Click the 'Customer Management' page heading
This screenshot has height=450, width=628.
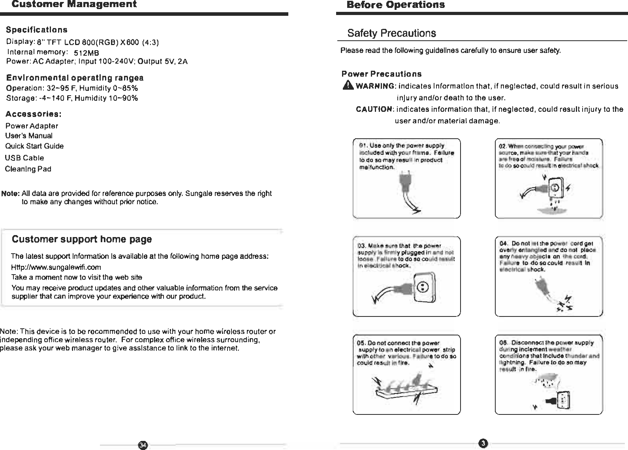(74, 4)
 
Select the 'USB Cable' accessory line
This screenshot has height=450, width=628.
(24, 158)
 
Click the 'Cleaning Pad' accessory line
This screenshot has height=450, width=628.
(28, 169)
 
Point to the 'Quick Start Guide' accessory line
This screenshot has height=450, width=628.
(34, 146)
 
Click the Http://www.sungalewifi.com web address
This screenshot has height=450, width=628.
(56, 267)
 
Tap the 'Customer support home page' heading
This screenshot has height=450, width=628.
(82, 239)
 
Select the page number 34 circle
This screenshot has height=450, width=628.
(143, 445)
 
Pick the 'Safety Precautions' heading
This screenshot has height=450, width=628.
(391, 33)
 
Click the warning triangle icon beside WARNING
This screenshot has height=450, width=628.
(349, 86)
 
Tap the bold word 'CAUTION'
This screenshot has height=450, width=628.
(374, 109)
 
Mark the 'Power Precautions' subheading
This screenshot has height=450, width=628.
(382, 74)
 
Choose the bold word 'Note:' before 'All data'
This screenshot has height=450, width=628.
(11, 194)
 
